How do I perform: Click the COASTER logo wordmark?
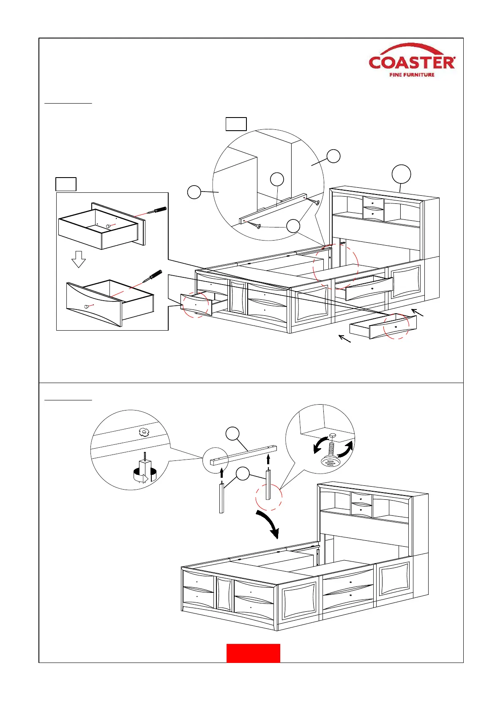[x=412, y=63]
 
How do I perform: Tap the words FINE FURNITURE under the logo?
[x=412, y=75]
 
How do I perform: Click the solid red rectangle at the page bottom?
[x=253, y=653]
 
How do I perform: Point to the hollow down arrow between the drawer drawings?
[x=79, y=259]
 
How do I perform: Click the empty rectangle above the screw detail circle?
[x=236, y=124]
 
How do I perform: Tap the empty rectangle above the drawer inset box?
[x=66, y=184]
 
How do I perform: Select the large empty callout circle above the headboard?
[x=401, y=174]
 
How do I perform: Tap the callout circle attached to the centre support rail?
[x=232, y=434]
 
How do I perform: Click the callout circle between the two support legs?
[x=243, y=474]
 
